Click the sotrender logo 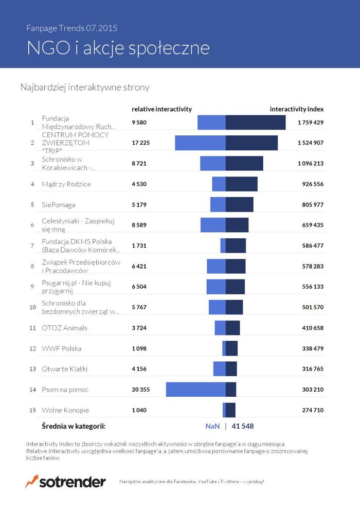[65, 482]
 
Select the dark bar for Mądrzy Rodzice [241, 184]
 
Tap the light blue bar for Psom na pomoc [195, 390]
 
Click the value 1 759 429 [310, 122]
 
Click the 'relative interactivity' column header [161, 109]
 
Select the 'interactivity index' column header [297, 109]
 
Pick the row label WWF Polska [61, 348]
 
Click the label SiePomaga [59, 204]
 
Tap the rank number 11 [32, 328]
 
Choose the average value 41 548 [243, 426]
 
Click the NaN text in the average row [212, 426]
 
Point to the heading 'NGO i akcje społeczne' [118, 48]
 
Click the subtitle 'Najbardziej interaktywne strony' [85, 87]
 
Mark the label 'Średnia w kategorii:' [74, 426]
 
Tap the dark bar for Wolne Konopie [230, 410]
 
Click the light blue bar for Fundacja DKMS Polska [223, 245]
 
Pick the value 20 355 [140, 390]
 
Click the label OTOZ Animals [64, 328]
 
